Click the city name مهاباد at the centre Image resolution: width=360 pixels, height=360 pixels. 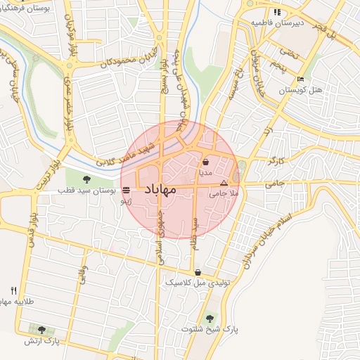point(169,190)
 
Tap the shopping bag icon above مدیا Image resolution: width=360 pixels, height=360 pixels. point(205,162)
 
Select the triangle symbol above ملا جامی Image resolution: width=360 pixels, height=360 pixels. point(224,182)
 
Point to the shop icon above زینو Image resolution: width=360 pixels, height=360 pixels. point(126,190)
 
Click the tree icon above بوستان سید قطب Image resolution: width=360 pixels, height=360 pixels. point(86,179)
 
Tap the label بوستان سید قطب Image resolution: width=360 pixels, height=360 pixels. point(86,191)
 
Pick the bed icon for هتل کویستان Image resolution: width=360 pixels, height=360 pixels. point(300,79)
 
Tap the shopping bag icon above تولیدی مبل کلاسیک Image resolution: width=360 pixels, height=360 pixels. point(198,272)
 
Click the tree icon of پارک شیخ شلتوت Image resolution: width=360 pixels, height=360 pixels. point(209,318)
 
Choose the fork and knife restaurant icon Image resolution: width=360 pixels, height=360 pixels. point(13,290)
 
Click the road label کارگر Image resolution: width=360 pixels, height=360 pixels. point(276,162)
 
